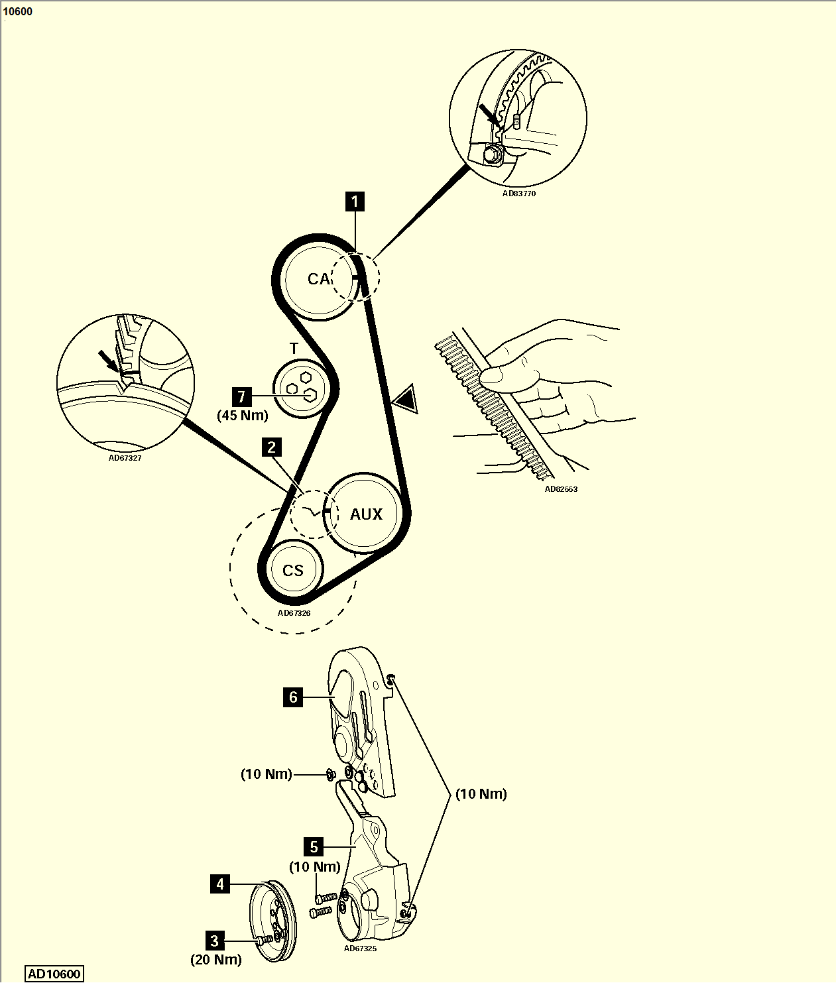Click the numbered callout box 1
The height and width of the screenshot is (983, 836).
coord(355,202)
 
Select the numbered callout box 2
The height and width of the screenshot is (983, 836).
coord(271,447)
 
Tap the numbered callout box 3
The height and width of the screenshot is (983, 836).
coord(215,940)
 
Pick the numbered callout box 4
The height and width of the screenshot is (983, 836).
coord(220,884)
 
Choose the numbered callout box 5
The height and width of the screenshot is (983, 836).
coord(314,846)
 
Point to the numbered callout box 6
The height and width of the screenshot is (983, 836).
coord(293,697)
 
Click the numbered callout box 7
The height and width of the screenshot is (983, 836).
coord(242,396)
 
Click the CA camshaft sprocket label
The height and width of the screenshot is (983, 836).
coord(318,279)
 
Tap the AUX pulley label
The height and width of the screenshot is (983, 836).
coord(367,514)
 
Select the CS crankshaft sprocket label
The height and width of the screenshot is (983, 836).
coord(293,571)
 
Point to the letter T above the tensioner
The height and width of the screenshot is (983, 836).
coord(294,349)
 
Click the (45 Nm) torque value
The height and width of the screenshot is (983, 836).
coord(243,416)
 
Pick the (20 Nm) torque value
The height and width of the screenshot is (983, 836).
coord(216,959)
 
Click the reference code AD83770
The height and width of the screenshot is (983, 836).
coord(518,194)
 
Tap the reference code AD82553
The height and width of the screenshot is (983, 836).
coord(561,489)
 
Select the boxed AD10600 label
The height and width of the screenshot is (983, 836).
coord(54,974)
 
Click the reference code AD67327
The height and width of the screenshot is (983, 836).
coord(125,458)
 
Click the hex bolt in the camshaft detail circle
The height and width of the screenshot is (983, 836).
coord(492,154)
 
